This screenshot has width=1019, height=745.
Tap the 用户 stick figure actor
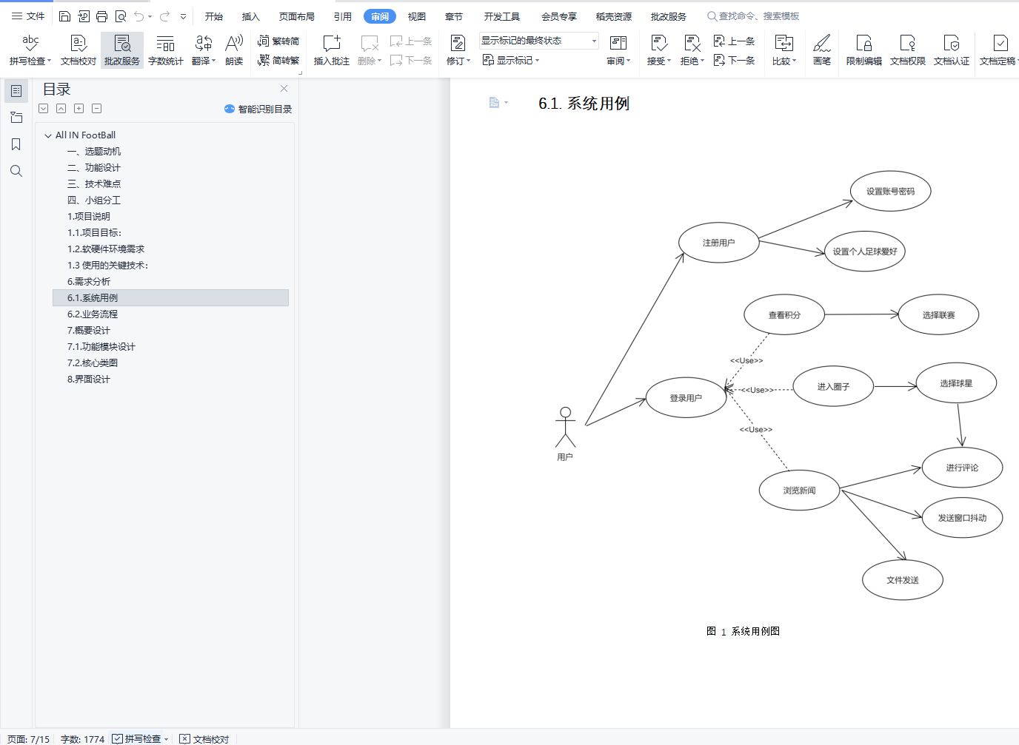coord(565,428)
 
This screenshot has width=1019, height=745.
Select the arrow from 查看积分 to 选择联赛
coord(861,314)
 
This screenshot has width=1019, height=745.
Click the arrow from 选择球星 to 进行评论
coord(960,425)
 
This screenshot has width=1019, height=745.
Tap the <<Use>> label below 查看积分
coord(746,360)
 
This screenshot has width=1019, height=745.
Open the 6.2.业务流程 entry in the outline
coord(93,314)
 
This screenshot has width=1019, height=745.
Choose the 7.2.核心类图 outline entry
coord(93,363)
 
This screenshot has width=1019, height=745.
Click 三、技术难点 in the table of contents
coord(94,183)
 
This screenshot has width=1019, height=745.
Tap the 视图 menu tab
coord(416,16)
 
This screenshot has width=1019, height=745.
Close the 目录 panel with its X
coord(284,89)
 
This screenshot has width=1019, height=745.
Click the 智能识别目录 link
coord(258,109)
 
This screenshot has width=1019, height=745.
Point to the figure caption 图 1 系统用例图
coord(743,631)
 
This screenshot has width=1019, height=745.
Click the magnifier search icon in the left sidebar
coord(16,171)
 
